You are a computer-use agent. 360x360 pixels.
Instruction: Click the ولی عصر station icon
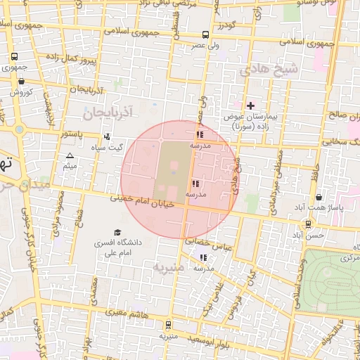205,34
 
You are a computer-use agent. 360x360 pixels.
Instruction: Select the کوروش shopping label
20,91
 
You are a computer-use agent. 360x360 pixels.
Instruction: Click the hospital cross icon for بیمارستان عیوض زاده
250,105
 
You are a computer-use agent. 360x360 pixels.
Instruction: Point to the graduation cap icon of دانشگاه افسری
117,232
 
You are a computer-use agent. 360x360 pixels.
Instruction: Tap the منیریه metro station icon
167,325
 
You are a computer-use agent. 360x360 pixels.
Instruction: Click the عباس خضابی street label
208,244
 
